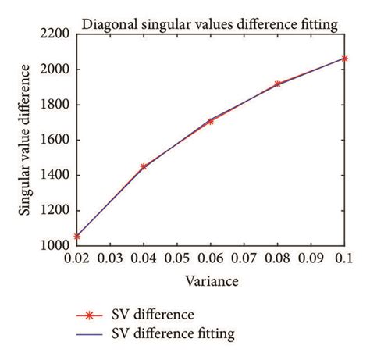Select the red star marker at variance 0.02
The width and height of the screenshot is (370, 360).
pos(76,236)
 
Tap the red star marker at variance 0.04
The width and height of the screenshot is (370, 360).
pos(144,166)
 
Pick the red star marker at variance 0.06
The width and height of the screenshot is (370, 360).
pos(210,121)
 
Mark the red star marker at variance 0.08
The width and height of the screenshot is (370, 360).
pos(277,84)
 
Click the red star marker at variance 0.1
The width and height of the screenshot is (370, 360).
pos(344,59)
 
